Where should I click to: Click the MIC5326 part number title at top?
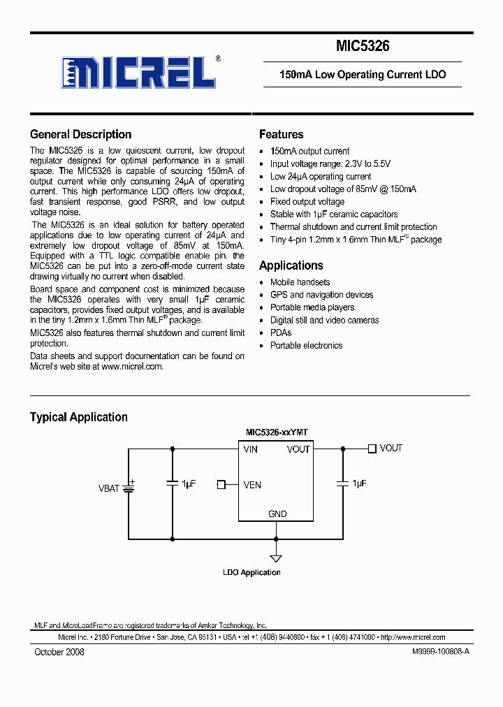(362, 47)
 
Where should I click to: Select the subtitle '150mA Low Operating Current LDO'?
(362, 74)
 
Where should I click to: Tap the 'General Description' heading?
(80, 134)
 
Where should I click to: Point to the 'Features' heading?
(281, 134)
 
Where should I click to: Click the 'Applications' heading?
(291, 265)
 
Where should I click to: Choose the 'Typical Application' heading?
(78, 417)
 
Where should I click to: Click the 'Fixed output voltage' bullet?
(307, 202)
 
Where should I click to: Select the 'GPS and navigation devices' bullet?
(321, 295)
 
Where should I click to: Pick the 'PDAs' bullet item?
(281, 333)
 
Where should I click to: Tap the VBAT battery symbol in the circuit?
(129, 487)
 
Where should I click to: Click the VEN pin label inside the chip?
(252, 485)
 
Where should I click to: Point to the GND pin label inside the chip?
(277, 513)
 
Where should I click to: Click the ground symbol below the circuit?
(276, 557)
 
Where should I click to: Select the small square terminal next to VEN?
(221, 484)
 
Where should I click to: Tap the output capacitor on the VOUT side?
(342, 483)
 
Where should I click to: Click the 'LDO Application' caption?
(251, 573)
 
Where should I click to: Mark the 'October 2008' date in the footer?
(59, 652)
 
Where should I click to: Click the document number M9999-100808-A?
(437, 652)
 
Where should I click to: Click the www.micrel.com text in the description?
(132, 366)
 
